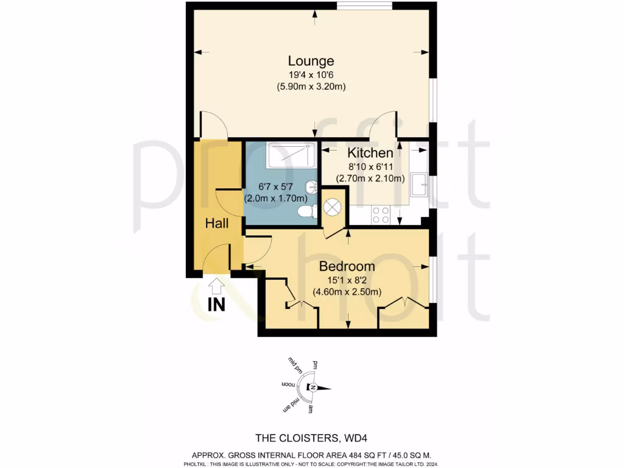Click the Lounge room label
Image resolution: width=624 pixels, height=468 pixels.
click(311, 61)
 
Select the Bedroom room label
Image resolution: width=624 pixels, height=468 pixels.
click(347, 266)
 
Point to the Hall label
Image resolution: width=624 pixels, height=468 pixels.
click(216, 224)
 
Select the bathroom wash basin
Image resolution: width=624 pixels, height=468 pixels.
click(311, 187)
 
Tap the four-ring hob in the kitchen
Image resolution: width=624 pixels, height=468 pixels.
click(381, 214)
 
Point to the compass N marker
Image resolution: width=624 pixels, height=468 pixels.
click(312, 388)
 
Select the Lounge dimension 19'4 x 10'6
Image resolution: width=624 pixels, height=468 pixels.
click(311, 75)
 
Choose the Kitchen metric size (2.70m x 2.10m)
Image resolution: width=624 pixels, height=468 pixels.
click(370, 179)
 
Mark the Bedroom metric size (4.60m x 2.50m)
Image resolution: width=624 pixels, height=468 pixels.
click(347, 292)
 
